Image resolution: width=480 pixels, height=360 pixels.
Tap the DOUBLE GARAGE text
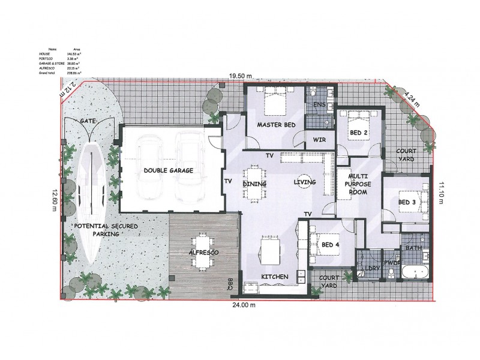(x=168, y=171)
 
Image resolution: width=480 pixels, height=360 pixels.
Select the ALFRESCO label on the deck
(x=204, y=254)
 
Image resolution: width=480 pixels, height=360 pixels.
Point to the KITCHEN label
(x=275, y=277)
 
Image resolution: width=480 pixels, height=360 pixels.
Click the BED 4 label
(x=330, y=245)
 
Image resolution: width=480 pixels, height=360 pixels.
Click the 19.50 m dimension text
(x=239, y=76)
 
